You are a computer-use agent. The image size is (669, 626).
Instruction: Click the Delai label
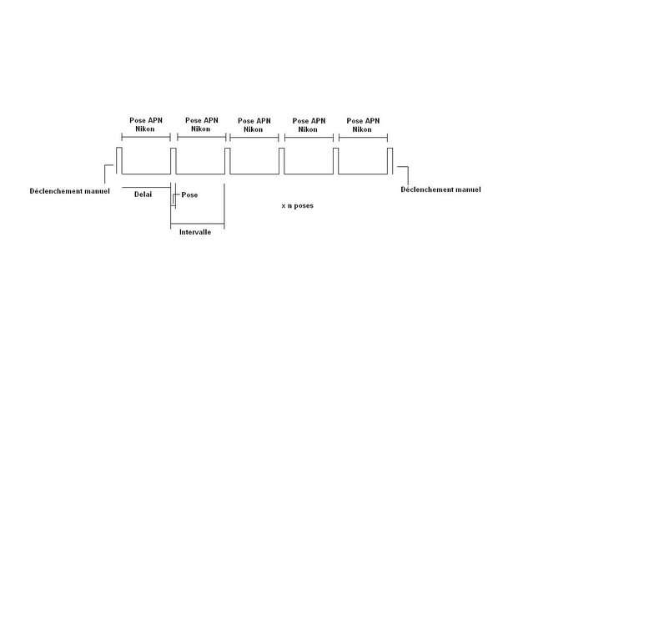click(x=143, y=194)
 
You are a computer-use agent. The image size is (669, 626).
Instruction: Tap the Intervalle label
click(x=195, y=232)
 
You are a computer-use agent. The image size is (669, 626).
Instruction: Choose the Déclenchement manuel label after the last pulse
click(x=440, y=189)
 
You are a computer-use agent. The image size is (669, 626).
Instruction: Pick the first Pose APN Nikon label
click(x=146, y=124)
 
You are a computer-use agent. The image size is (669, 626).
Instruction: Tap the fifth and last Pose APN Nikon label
click(x=364, y=124)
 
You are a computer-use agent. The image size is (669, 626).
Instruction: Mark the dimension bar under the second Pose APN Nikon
click(x=200, y=136)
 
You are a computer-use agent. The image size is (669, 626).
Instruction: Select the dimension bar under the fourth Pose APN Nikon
click(x=309, y=136)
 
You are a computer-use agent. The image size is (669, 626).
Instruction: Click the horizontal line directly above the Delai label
click(x=146, y=186)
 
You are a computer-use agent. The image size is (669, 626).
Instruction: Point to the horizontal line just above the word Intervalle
click(x=197, y=224)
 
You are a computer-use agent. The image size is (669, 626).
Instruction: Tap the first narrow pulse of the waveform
click(x=118, y=160)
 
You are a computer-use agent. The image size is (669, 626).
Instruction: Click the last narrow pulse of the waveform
click(x=390, y=160)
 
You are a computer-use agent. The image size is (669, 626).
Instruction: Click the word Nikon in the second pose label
click(x=200, y=129)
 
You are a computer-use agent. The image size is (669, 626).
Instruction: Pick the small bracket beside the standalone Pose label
click(x=174, y=199)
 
